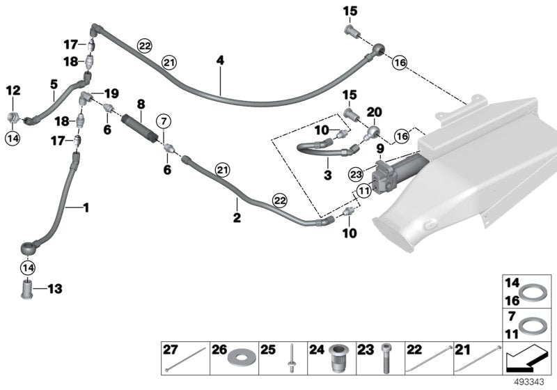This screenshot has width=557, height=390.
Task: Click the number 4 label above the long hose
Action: click(x=220, y=61)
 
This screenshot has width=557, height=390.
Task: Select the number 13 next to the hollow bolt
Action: click(x=54, y=288)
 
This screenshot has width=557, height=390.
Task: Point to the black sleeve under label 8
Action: click(x=140, y=129)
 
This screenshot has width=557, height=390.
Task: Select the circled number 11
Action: click(x=363, y=191)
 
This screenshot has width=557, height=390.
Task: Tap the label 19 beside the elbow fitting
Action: click(x=111, y=93)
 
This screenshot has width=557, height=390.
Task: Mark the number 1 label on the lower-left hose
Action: click(x=86, y=207)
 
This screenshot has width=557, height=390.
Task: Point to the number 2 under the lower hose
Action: click(x=237, y=218)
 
